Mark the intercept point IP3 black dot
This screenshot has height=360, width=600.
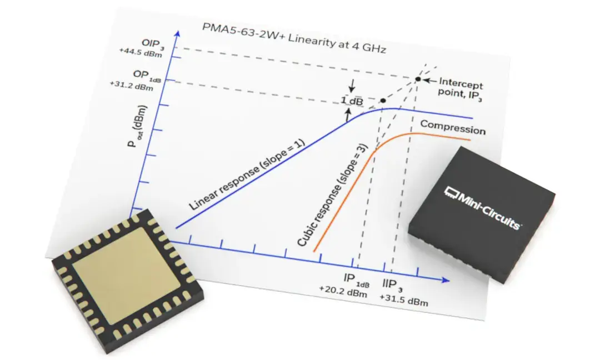coord(418,79)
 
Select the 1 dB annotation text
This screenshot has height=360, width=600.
coord(351,101)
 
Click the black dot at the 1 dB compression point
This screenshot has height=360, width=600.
coord(383,101)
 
